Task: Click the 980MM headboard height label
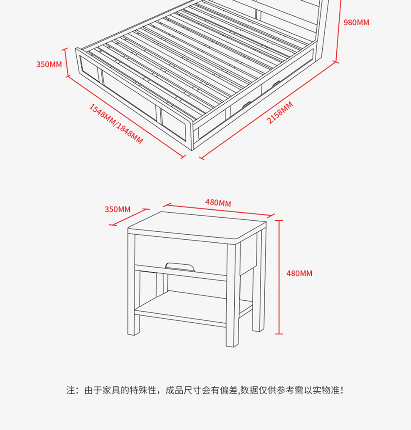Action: tap(356, 22)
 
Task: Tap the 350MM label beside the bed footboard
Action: tap(49, 64)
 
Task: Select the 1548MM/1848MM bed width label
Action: tap(116, 124)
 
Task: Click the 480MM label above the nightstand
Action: tap(218, 203)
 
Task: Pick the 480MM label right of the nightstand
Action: tap(299, 273)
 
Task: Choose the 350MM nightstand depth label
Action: tap(117, 209)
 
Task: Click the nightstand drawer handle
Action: tap(180, 266)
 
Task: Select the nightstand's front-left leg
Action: tap(133, 287)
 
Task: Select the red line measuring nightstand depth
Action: tap(129, 217)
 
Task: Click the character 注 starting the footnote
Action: tap(71, 390)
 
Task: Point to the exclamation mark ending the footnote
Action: tap(342, 390)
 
